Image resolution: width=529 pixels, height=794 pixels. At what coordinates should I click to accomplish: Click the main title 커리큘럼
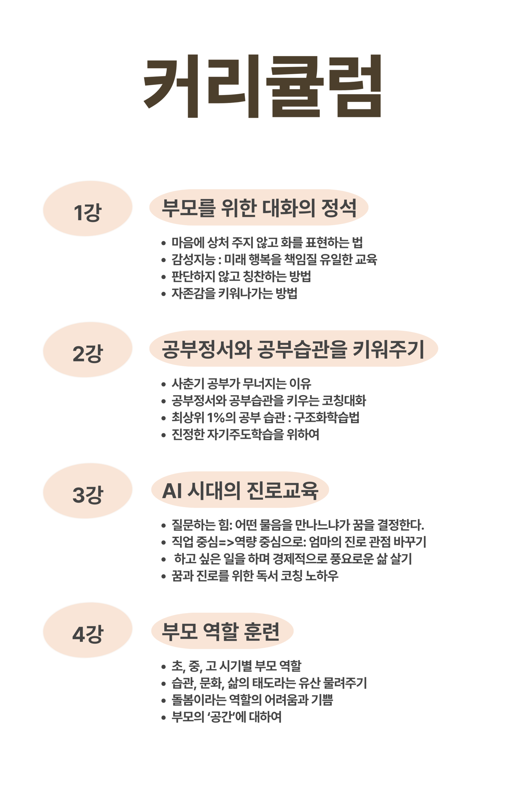pos(263,86)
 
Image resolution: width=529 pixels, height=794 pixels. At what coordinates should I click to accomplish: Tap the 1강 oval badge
pos(87,208)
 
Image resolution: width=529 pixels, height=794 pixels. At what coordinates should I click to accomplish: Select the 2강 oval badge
pos(87,350)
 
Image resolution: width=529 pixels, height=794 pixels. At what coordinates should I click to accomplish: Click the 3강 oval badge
pos(87,491)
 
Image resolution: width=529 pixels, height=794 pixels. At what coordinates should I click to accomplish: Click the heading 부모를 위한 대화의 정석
pos(259,208)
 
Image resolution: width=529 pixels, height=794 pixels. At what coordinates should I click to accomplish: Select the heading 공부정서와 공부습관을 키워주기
pos(293,349)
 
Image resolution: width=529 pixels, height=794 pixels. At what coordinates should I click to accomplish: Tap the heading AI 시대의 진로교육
pos(240,490)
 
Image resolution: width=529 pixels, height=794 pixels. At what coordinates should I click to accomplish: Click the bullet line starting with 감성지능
pos(274,259)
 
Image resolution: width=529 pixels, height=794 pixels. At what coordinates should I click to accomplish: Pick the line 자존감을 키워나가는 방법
pos(234,293)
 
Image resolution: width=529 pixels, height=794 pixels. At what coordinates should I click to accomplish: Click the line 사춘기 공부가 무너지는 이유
pos(241,383)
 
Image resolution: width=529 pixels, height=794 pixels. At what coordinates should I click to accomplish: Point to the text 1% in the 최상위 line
pos(216,418)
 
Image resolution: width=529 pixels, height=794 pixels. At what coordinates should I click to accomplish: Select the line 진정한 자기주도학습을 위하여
pos(245,434)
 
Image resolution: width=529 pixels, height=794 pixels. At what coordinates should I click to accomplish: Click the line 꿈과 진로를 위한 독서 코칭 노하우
pos(255,576)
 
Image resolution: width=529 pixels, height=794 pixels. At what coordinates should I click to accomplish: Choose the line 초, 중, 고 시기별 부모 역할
pos(236,666)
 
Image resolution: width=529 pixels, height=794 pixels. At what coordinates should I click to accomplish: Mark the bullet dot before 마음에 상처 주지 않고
pos(164,243)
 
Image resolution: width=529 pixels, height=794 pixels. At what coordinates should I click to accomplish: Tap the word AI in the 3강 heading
pos(172,491)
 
